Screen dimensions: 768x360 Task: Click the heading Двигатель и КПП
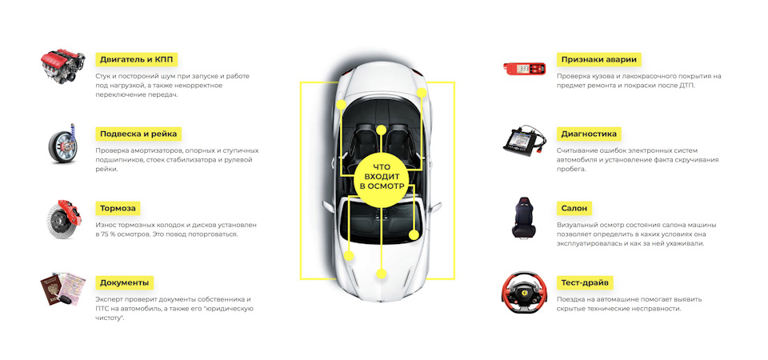[136, 59]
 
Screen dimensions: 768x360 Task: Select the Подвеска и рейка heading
[138, 134]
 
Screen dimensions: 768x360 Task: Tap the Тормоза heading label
[118, 208]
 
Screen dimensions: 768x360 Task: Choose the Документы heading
[124, 282]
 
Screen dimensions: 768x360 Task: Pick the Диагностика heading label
[590, 134]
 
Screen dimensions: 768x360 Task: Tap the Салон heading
[574, 208]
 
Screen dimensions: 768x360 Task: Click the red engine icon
[63, 67]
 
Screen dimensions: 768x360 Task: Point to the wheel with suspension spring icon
[63, 142]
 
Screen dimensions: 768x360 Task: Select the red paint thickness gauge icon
[525, 68]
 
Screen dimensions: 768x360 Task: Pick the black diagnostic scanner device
[524, 141]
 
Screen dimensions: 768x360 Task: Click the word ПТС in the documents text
[105, 308]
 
